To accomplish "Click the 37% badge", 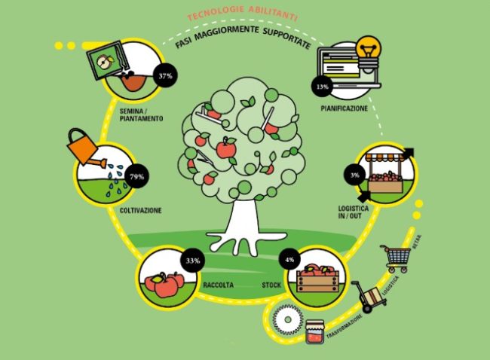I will [164, 76].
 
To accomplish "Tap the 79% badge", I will [136, 175].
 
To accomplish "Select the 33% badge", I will [192, 261].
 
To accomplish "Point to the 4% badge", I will [290, 261].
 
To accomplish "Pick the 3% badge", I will [355, 175].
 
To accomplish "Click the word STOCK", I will [272, 285].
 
